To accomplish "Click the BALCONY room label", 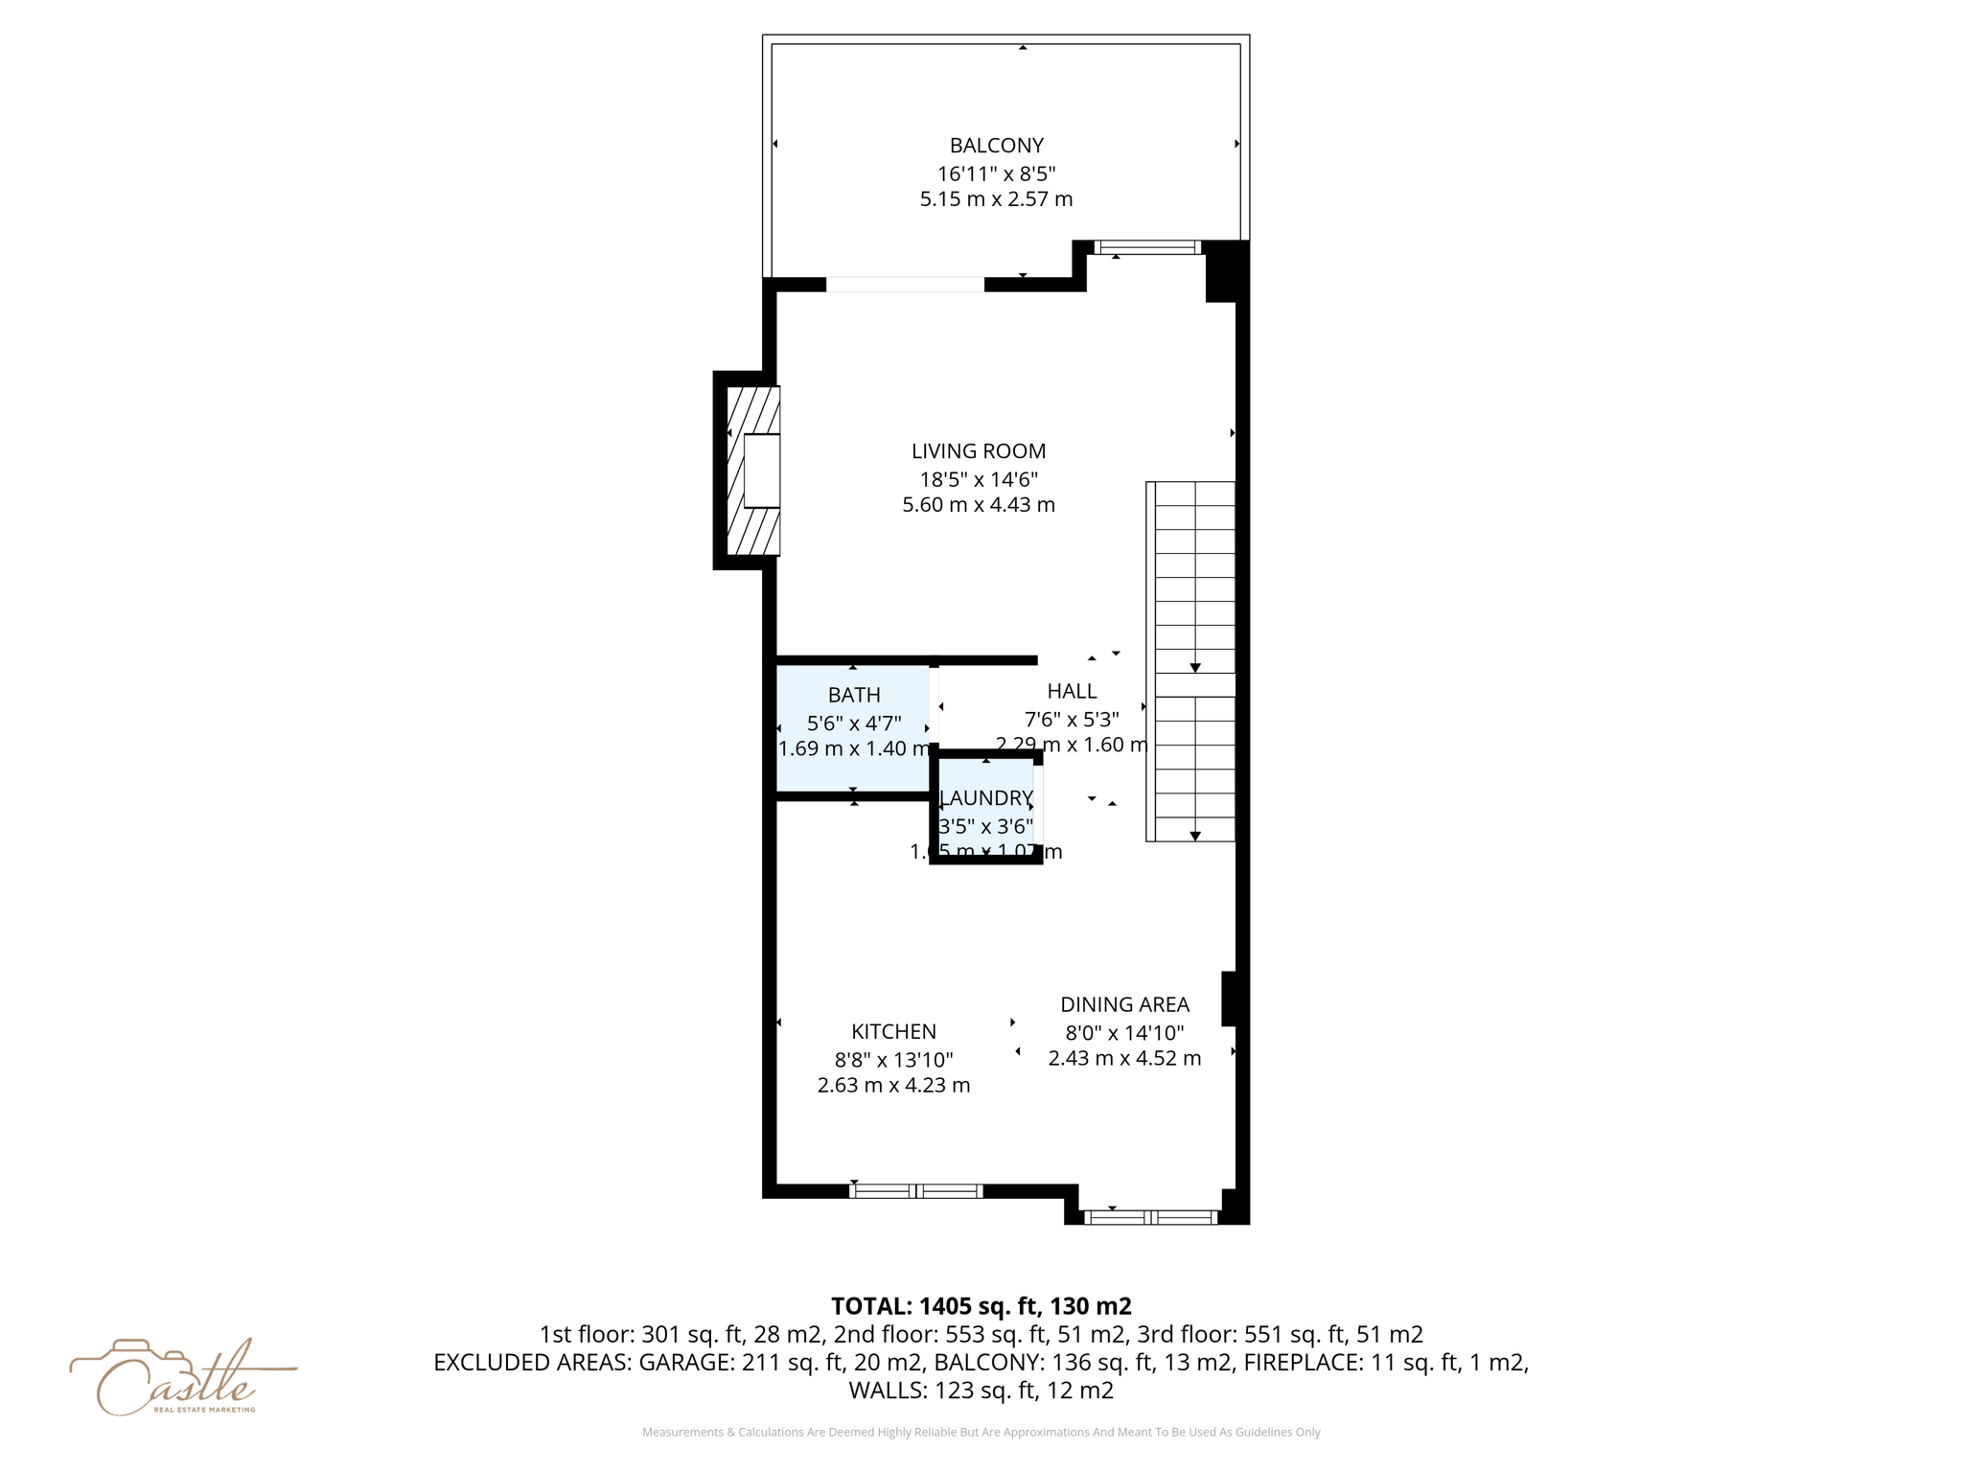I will pos(996,146).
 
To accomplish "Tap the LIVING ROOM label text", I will pos(978,451).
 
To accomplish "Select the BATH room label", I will pos(854,695).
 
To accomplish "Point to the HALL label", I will pos(1072,691).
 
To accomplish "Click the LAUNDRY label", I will pos(986,798).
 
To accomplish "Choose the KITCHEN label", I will pos(893,1032).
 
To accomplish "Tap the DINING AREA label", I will pos(1124,1005).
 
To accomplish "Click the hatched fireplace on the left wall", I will pos(752,471).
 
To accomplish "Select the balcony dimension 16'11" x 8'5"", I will pos(996,173).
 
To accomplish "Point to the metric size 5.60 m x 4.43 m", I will pos(978,505).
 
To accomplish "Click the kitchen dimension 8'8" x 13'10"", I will pos(893,1060).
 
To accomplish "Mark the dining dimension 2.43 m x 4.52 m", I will pos(1124,1058).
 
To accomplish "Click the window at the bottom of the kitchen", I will pos(916,1191).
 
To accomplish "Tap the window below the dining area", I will pos(1150,1218).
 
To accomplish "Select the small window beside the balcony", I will pos(1147,248).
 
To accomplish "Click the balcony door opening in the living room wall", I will pos(905,285).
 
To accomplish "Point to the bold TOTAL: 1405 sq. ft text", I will pos(981,1306).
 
